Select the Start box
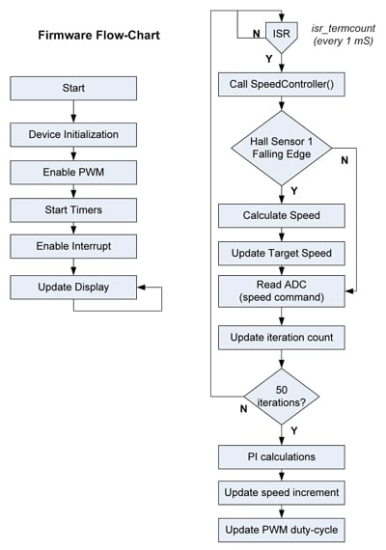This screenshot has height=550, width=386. (x=73, y=88)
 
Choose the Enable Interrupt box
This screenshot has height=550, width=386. (x=73, y=246)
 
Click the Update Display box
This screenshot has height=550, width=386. (x=73, y=287)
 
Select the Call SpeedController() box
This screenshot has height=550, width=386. (x=282, y=84)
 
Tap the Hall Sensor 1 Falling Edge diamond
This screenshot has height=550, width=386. (x=282, y=149)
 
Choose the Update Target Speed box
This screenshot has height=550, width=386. (x=282, y=253)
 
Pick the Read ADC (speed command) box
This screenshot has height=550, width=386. (x=282, y=292)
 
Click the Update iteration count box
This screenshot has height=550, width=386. (x=282, y=338)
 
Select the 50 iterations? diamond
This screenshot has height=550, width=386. (x=282, y=397)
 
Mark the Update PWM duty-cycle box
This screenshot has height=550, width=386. (x=282, y=530)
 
